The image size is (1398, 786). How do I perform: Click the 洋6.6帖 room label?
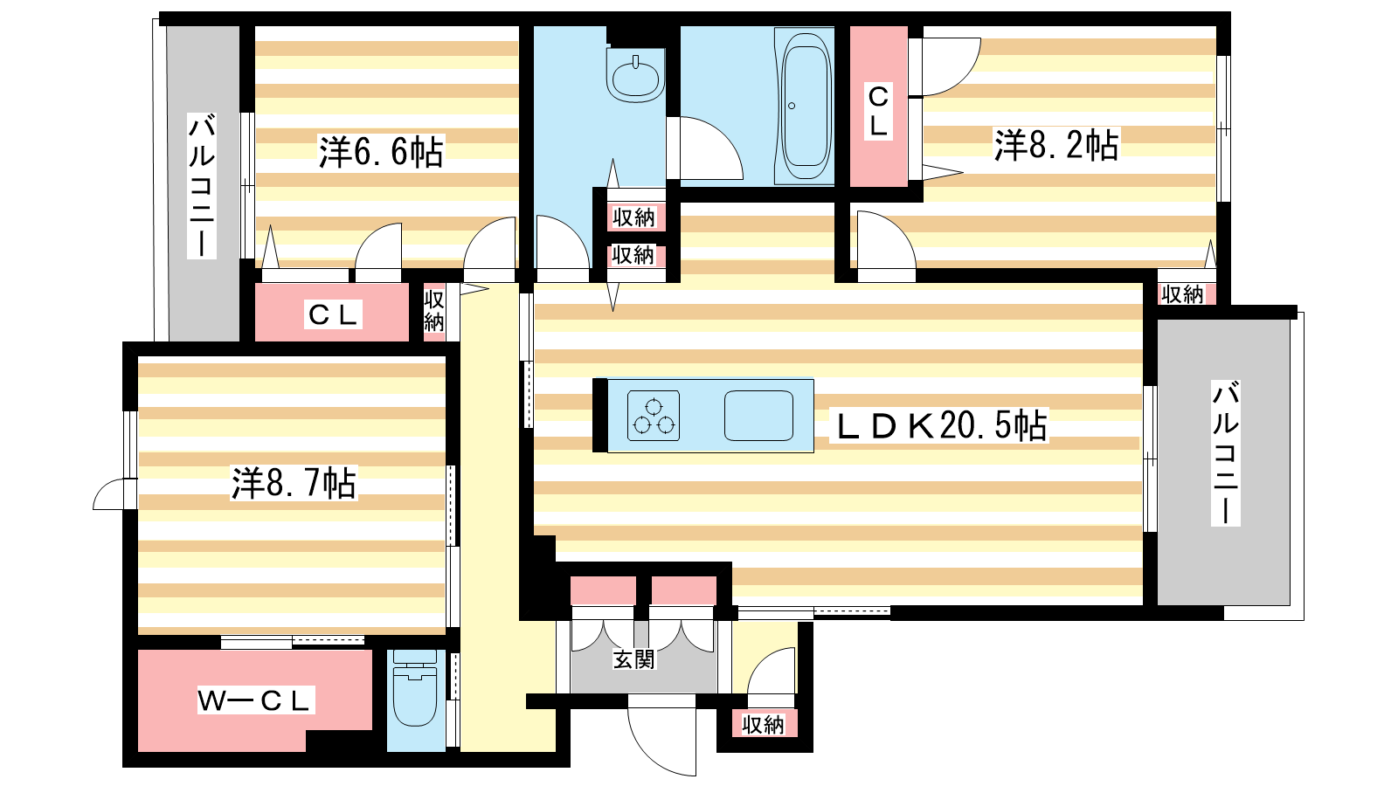(x=381, y=152)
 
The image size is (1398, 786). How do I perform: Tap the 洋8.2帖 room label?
(x=1056, y=145)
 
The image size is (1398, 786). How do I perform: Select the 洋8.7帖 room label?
(x=294, y=482)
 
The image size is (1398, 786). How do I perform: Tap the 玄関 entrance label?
(x=634, y=659)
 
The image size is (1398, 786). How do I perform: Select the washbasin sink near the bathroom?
(x=635, y=76)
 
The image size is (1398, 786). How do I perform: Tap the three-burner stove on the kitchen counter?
(x=654, y=416)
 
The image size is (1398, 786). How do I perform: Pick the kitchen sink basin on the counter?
(x=758, y=416)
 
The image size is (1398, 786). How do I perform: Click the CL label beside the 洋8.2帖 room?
(x=878, y=111)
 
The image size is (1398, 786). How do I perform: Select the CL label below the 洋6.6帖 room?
(x=333, y=314)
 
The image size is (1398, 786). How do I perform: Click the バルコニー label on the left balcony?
(x=202, y=185)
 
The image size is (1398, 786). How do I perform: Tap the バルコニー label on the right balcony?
(x=1225, y=452)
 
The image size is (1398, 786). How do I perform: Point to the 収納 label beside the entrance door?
(x=763, y=725)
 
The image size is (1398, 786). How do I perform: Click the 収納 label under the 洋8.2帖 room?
(x=1182, y=294)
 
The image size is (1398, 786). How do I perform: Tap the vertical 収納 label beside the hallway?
(x=433, y=311)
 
